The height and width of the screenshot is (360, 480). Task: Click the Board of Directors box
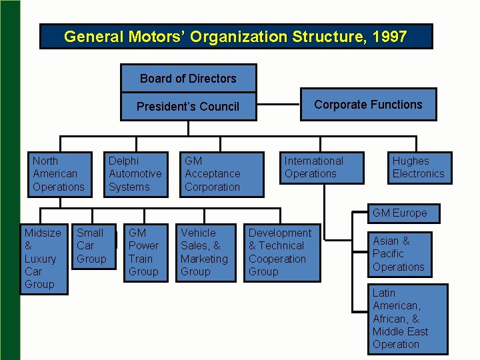[188, 79]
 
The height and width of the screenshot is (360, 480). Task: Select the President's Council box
[188, 107]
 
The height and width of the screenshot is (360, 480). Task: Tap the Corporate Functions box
[368, 105]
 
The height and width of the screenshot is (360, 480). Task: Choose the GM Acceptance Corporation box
[213, 174]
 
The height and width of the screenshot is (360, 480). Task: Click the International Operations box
[323, 168]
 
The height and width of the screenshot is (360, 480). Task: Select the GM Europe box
[403, 213]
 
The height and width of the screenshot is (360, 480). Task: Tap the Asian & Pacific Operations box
[399, 254]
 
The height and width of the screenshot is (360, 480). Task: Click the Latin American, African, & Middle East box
[407, 319]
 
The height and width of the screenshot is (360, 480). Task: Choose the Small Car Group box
[93, 246]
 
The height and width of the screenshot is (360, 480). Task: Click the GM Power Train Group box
[145, 252]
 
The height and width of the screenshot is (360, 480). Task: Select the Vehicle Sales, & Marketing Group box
[204, 252]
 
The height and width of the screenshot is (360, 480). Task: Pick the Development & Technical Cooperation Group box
[281, 252]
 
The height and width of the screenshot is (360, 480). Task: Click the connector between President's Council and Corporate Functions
[278, 105]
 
